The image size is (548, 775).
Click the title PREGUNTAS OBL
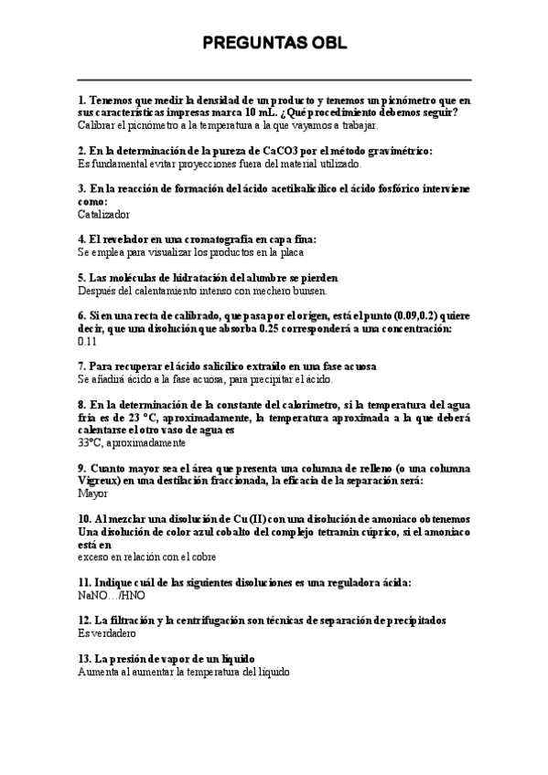point(274,43)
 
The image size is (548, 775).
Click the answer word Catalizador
point(103,215)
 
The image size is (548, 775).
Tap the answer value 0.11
point(88,341)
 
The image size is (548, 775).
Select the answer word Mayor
point(93,492)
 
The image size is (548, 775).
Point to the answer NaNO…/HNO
point(112,594)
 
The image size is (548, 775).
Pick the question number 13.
point(84,659)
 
